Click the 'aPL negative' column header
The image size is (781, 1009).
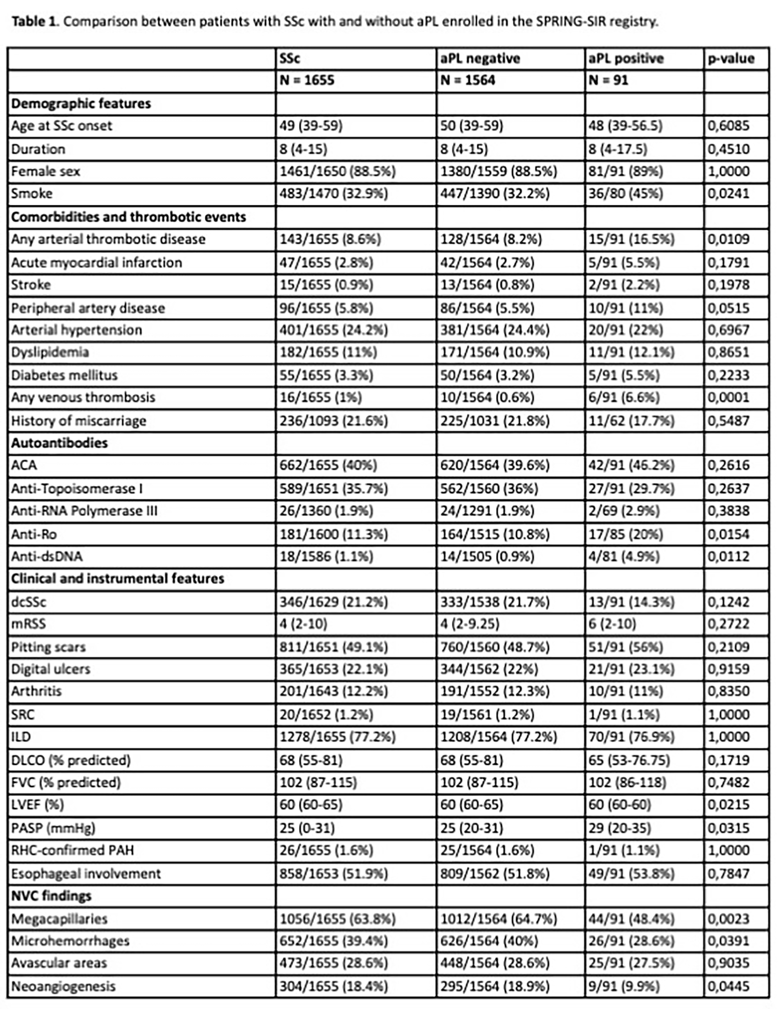[x=480, y=59]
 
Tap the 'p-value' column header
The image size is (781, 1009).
[x=731, y=59]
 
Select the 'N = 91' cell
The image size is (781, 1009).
[x=608, y=80]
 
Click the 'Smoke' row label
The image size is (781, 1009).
[x=32, y=194]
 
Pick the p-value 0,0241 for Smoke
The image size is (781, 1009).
[x=728, y=194]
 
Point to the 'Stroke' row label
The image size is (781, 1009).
[x=30, y=284]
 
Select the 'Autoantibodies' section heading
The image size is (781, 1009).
[x=59, y=443]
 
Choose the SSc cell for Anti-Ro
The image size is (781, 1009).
[x=333, y=535]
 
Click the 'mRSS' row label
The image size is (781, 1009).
[x=28, y=624]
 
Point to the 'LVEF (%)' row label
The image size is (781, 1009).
[x=37, y=805]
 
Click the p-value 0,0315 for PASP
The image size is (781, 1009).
[x=728, y=828]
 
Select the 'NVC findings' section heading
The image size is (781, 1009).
[x=51, y=896]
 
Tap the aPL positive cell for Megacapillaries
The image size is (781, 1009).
[x=631, y=919]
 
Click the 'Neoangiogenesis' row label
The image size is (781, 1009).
[x=63, y=986]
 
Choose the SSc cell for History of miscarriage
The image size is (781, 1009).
[x=333, y=421]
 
